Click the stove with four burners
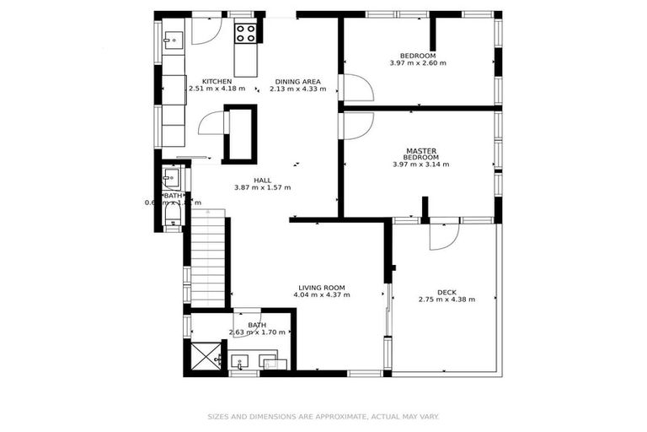tap(245, 33)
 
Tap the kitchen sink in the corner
tap(173, 39)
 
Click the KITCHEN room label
tap(217, 82)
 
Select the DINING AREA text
tap(297, 82)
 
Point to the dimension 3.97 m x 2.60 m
tap(418, 63)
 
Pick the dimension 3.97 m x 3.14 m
tap(420, 165)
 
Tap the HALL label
tap(262, 180)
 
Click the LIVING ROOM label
tap(321, 287)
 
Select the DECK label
tap(446, 291)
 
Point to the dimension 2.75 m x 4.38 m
tap(446, 300)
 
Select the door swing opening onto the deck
tap(442, 235)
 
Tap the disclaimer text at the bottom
tap(323, 416)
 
